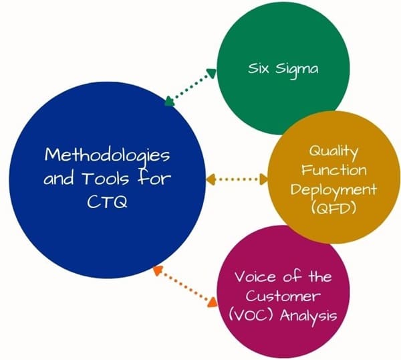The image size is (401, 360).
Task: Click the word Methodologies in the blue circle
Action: pos(107,155)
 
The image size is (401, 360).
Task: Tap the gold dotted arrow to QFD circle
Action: pos(237,179)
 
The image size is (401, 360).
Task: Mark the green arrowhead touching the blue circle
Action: pos(168,102)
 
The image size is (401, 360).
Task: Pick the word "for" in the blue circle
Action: pos(154,178)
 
